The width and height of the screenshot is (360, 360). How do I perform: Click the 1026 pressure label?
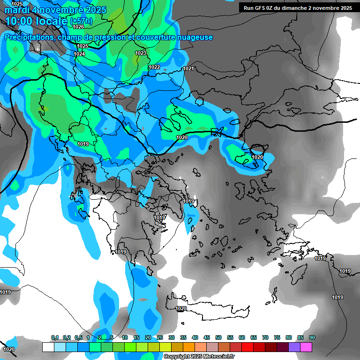pyautogui.click(x=78, y=27)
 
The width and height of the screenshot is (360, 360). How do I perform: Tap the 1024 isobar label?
pyautogui.click(x=79, y=54)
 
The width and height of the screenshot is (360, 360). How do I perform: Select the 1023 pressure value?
pyautogui.click(x=141, y=53)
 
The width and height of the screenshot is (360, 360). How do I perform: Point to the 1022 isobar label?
pyautogui.click(x=154, y=67)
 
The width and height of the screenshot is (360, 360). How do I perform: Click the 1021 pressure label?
pyautogui.click(x=188, y=68)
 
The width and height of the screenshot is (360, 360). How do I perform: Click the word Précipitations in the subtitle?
pyautogui.click(x=29, y=37)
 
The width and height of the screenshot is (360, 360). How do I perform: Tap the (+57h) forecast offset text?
pyautogui.click(x=81, y=21)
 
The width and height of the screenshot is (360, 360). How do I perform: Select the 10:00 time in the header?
pyautogui.click(x=22, y=21)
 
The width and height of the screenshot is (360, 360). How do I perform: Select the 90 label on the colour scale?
pyautogui.click(x=312, y=337)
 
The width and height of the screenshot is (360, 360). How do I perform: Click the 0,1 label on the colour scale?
pyautogui.click(x=55, y=337)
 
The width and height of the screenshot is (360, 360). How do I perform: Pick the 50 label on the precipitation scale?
pyautogui.click(x=218, y=337)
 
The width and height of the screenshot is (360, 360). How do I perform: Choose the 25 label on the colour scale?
pyautogui.click(x=160, y=337)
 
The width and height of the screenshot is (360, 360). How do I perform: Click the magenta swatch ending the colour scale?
pyautogui.click(x=306, y=347)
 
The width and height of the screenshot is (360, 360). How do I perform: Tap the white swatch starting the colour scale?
pyautogui.click(x=48, y=347)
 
